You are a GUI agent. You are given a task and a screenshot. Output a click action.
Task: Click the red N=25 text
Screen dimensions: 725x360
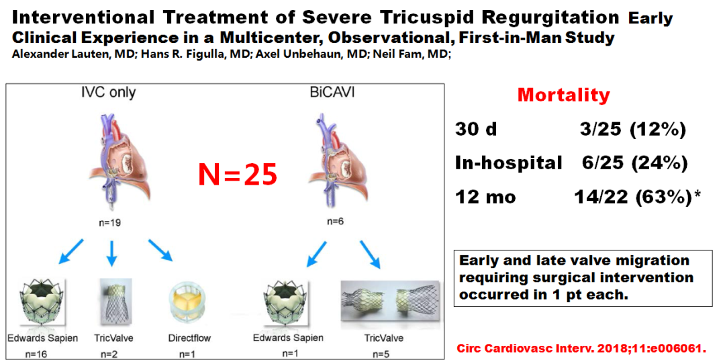pyautogui.click(x=238, y=175)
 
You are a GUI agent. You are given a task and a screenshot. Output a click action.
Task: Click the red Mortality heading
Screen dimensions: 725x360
pyautogui.click(x=564, y=95)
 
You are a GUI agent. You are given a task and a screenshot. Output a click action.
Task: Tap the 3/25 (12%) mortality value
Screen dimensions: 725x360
pyautogui.click(x=632, y=130)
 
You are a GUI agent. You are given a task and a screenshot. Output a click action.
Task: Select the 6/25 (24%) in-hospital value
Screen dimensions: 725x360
pyautogui.click(x=632, y=163)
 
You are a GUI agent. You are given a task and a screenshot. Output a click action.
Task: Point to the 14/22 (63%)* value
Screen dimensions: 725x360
pyautogui.click(x=636, y=197)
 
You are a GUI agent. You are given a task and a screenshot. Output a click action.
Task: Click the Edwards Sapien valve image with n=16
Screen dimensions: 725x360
pyautogui.click(x=42, y=303)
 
